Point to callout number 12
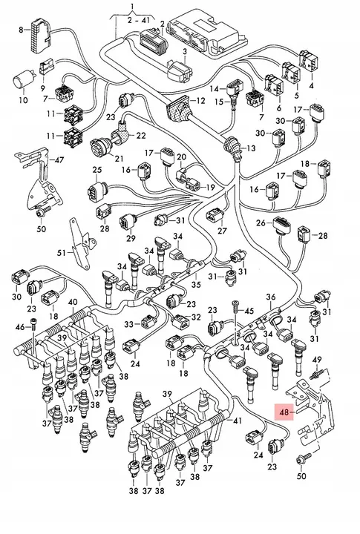point(200,99)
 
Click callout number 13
point(249,149)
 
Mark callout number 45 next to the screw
point(249,311)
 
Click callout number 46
point(20,327)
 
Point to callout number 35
point(195,284)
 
